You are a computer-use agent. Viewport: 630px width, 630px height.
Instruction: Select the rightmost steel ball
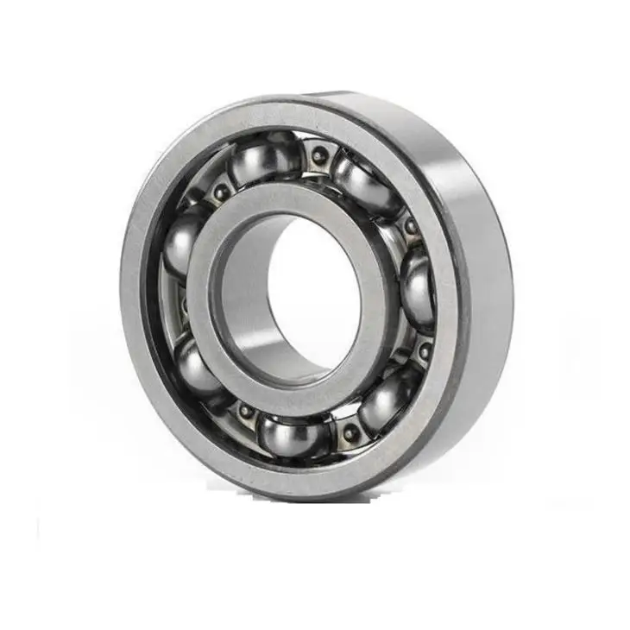[419, 287]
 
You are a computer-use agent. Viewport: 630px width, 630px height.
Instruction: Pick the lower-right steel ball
[385, 400]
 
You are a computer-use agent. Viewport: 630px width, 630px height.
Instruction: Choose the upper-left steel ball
[183, 242]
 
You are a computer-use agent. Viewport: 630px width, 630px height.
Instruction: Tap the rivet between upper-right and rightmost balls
[411, 226]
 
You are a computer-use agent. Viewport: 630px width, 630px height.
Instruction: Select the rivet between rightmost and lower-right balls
[423, 350]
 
